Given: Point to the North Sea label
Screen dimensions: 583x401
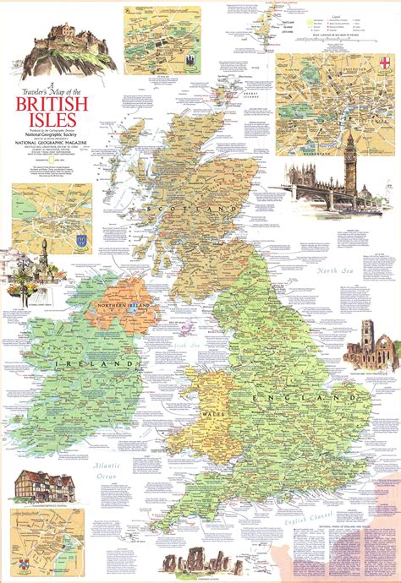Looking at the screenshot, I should click(334, 270).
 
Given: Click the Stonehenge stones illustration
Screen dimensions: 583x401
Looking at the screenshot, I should click(201, 562).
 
